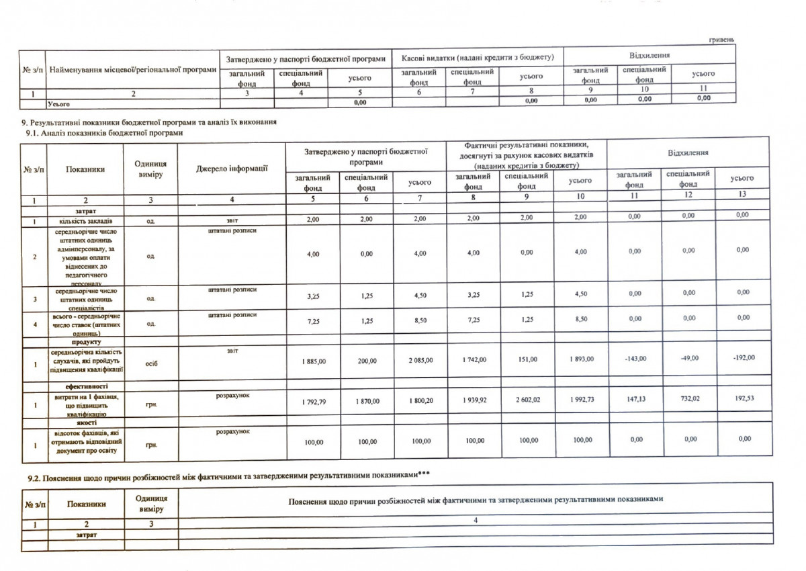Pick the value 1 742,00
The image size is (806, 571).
pos(474,360)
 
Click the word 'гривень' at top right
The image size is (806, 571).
pos(721,41)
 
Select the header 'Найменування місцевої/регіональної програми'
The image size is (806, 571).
pos(134,69)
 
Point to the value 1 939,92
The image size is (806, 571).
pos(474,400)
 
